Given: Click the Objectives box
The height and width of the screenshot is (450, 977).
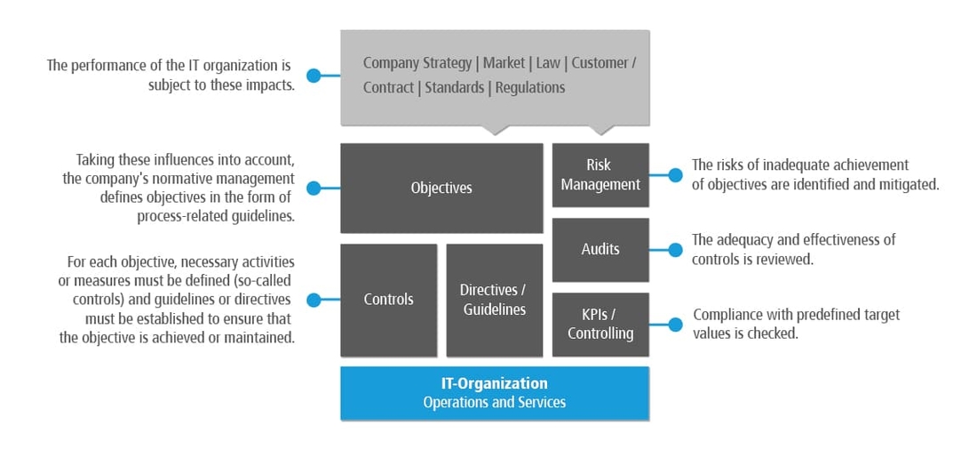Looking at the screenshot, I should (441, 188).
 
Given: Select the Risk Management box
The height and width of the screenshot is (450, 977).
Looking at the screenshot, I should (600, 175).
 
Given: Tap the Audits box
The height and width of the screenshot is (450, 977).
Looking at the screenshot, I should (600, 249).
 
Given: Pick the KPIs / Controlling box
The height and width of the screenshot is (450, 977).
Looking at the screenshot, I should (600, 324).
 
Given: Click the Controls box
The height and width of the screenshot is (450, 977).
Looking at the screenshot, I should (388, 300).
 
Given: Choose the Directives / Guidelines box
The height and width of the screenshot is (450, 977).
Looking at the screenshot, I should (493, 300).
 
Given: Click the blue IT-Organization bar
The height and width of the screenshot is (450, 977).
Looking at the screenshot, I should (495, 392).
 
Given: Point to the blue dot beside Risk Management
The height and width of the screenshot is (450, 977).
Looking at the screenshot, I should (675, 175).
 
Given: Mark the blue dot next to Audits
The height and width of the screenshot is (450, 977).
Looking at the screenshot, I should (675, 250).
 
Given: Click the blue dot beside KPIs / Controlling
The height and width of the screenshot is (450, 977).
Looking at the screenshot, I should (675, 325).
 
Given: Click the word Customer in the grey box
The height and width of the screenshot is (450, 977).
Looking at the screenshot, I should (600, 63).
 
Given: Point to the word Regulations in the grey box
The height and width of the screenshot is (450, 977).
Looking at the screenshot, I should (530, 87).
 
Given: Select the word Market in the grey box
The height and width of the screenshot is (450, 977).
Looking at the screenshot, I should (504, 63).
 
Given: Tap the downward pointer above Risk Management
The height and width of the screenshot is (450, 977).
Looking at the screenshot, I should (602, 131).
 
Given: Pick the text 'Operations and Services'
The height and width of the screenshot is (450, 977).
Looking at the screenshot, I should (495, 402).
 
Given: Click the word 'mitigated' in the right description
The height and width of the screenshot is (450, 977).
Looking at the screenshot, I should (908, 184).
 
